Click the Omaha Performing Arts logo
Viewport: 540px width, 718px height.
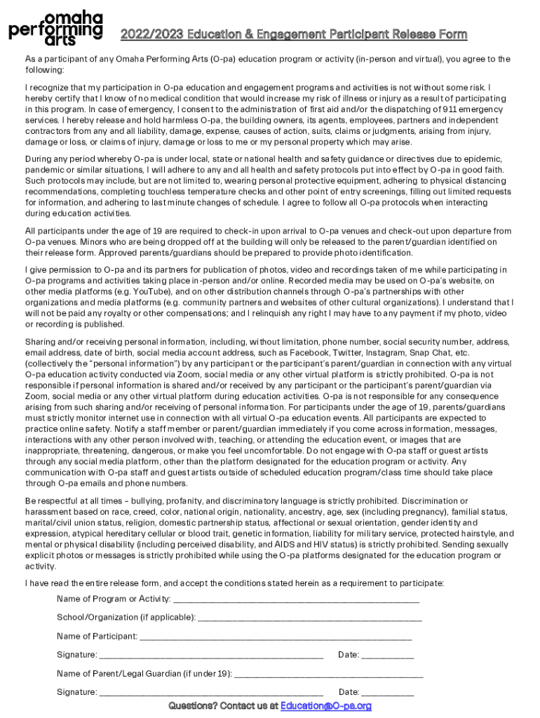click(x=56, y=29)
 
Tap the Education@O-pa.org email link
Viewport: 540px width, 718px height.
click(x=325, y=705)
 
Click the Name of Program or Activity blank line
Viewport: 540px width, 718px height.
click(x=295, y=600)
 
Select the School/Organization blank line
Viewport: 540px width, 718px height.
click(x=310, y=618)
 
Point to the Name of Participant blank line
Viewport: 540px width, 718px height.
click(x=276, y=637)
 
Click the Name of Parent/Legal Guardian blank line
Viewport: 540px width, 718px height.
click(x=329, y=675)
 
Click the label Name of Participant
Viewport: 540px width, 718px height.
click(x=97, y=636)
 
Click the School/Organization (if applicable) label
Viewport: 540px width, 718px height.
click(x=126, y=617)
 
